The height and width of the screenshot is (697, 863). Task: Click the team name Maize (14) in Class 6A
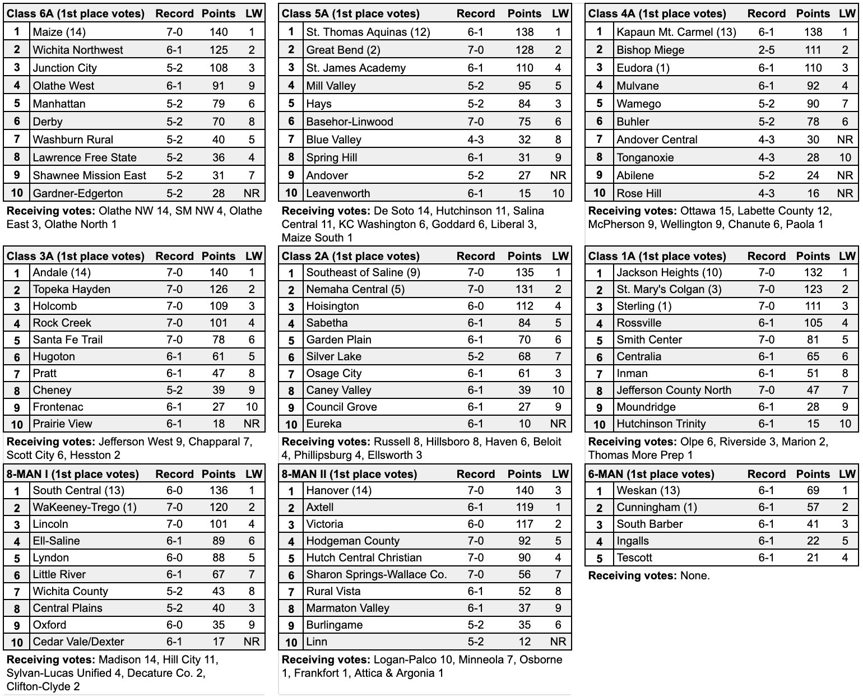coord(59,32)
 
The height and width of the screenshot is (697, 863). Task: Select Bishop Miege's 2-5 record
coord(766,50)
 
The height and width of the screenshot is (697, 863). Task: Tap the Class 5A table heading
coord(350,13)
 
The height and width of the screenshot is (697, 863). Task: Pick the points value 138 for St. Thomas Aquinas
coord(525,32)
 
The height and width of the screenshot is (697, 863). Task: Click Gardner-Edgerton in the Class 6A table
coord(77,193)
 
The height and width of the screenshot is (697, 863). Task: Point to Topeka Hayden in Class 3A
coord(71,289)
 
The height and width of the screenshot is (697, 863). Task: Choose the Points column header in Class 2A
coord(525,256)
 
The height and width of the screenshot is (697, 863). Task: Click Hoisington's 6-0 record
coord(475,306)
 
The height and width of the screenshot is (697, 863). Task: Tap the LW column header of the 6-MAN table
coord(847,474)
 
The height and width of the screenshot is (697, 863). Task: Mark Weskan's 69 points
coord(813,490)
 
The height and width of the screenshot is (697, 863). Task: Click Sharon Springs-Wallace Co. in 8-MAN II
coord(376,574)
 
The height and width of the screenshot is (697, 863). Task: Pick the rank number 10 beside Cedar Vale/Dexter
coord(17,642)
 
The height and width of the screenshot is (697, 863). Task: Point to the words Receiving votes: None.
coord(648,575)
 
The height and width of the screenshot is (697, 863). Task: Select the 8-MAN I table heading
coord(72,474)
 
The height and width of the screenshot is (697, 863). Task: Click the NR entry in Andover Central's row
coord(845,140)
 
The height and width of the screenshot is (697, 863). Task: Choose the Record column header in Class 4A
coord(766,13)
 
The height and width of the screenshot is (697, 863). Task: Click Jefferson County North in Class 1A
coord(674,390)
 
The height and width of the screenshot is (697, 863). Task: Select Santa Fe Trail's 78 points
coord(218,340)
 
